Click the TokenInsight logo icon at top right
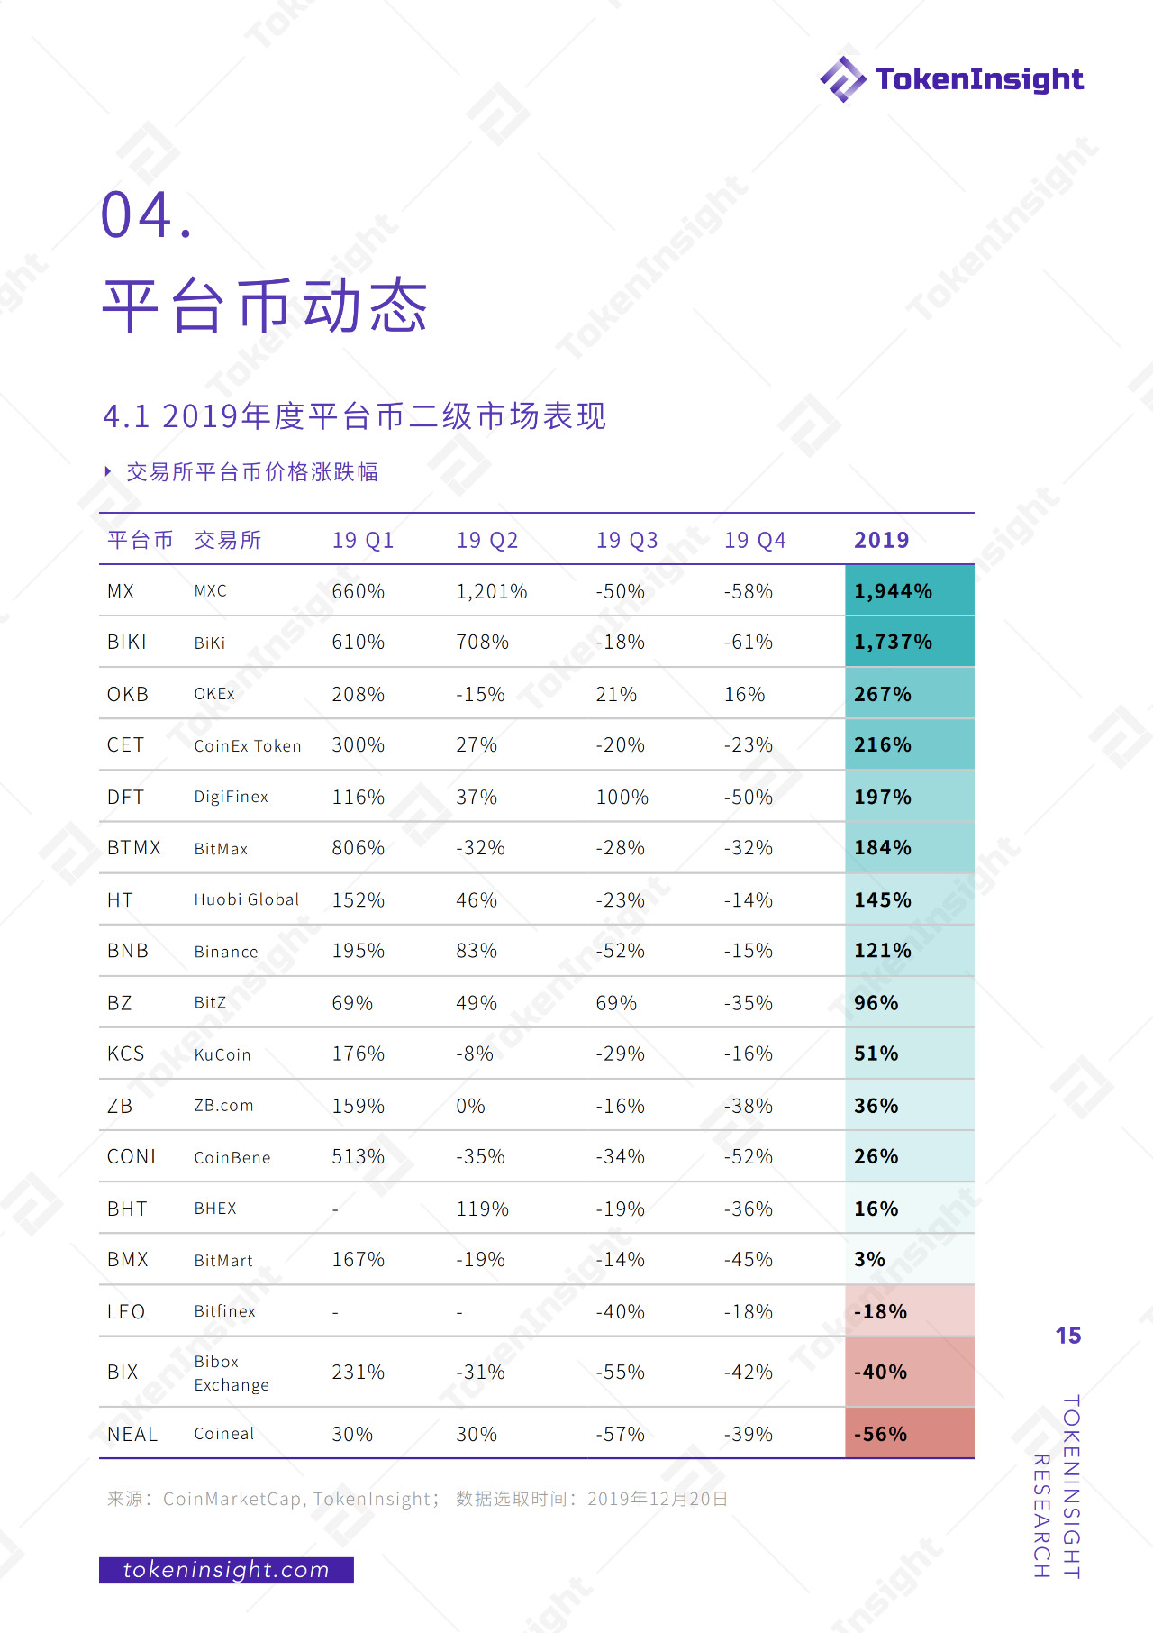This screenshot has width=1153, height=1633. (x=843, y=79)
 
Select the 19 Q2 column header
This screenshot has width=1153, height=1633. (x=487, y=541)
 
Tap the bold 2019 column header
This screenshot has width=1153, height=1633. (x=882, y=541)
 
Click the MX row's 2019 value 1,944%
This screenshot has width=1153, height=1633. (x=893, y=592)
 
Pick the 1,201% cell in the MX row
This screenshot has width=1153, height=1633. (x=492, y=592)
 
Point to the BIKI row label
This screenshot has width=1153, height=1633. (x=127, y=643)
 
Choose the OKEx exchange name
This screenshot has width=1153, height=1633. (x=214, y=694)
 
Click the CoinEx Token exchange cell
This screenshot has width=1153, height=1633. (x=248, y=746)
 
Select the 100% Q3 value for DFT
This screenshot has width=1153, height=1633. (x=622, y=798)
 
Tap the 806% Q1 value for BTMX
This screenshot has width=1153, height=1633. (x=359, y=848)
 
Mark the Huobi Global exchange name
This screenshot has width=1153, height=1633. (x=247, y=900)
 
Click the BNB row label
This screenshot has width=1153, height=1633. (x=128, y=952)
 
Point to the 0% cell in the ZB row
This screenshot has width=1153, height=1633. (x=470, y=1106)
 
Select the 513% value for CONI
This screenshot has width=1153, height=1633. (x=359, y=1157)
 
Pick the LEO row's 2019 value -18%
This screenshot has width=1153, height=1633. (x=880, y=1312)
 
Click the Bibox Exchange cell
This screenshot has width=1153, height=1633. (x=232, y=1373)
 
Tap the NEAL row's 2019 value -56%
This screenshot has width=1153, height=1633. (x=880, y=1435)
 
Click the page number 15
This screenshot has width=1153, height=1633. (x=1068, y=1336)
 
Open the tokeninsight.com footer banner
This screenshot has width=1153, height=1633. (x=226, y=1570)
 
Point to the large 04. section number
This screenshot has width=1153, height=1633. (x=146, y=215)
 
